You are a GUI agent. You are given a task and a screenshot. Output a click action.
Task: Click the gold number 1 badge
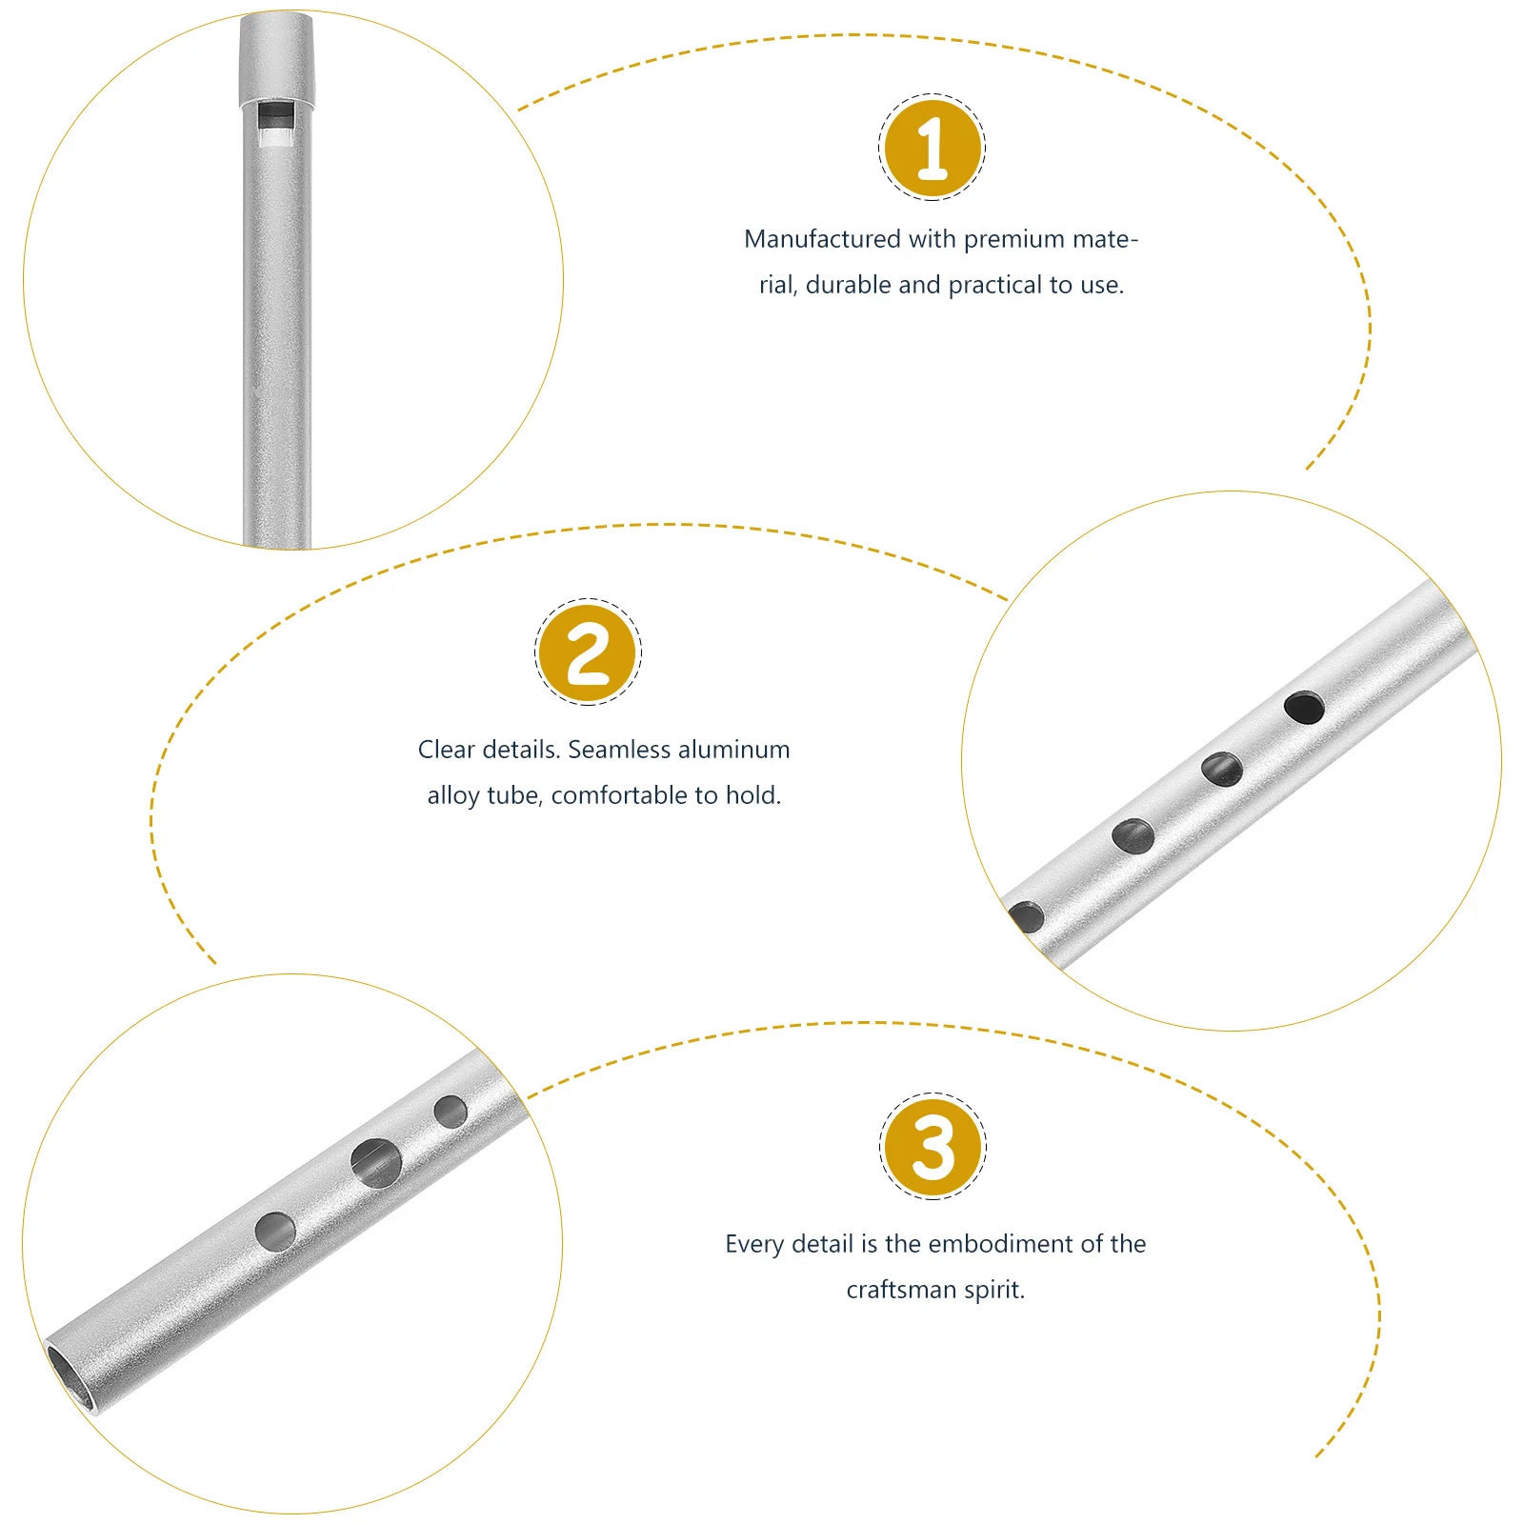coord(932,148)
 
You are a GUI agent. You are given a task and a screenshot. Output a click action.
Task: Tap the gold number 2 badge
coord(588,653)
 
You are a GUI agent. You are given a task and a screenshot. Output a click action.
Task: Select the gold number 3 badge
coord(932,1146)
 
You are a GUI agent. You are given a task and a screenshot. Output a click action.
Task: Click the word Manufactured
coord(822,239)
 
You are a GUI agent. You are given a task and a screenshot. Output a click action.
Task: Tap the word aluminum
coord(734,750)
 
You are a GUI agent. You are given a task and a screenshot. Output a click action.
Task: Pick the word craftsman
coord(901,1290)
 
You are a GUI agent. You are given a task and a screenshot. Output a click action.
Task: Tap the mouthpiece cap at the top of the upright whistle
coord(275,57)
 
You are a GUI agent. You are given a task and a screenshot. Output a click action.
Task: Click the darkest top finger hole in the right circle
coord(1304,708)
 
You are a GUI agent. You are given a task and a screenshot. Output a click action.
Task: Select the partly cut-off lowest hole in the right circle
coord(1027,917)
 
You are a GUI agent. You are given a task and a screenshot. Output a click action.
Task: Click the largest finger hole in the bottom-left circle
coord(376,1163)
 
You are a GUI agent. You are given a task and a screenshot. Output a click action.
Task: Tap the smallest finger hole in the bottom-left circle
coord(451,1111)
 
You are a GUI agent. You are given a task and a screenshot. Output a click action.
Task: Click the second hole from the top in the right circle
coord(1221,769)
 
